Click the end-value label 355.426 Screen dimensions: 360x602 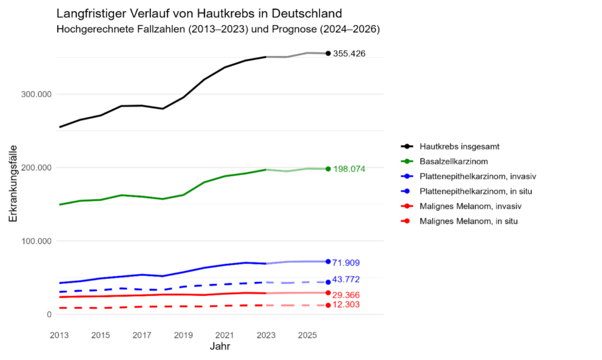coord(349,54)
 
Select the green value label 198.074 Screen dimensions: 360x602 coord(349,169)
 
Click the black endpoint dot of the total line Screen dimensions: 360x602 coord(328,54)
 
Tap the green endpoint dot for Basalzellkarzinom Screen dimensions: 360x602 coord(328,169)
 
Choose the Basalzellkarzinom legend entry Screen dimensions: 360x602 coord(453,161)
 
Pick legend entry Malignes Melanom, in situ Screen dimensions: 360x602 coord(468,221)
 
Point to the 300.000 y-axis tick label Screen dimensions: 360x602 coord(37,94)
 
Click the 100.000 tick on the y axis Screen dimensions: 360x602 coord(37,241)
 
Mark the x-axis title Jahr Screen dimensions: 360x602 coord(220,346)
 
